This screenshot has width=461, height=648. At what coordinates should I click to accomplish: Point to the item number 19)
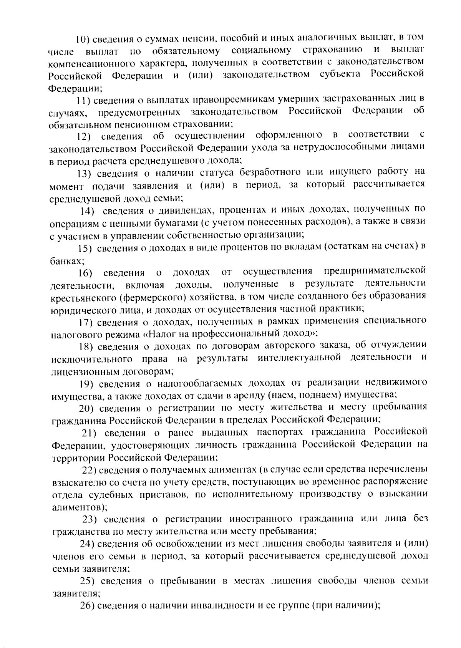click(x=87, y=384)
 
